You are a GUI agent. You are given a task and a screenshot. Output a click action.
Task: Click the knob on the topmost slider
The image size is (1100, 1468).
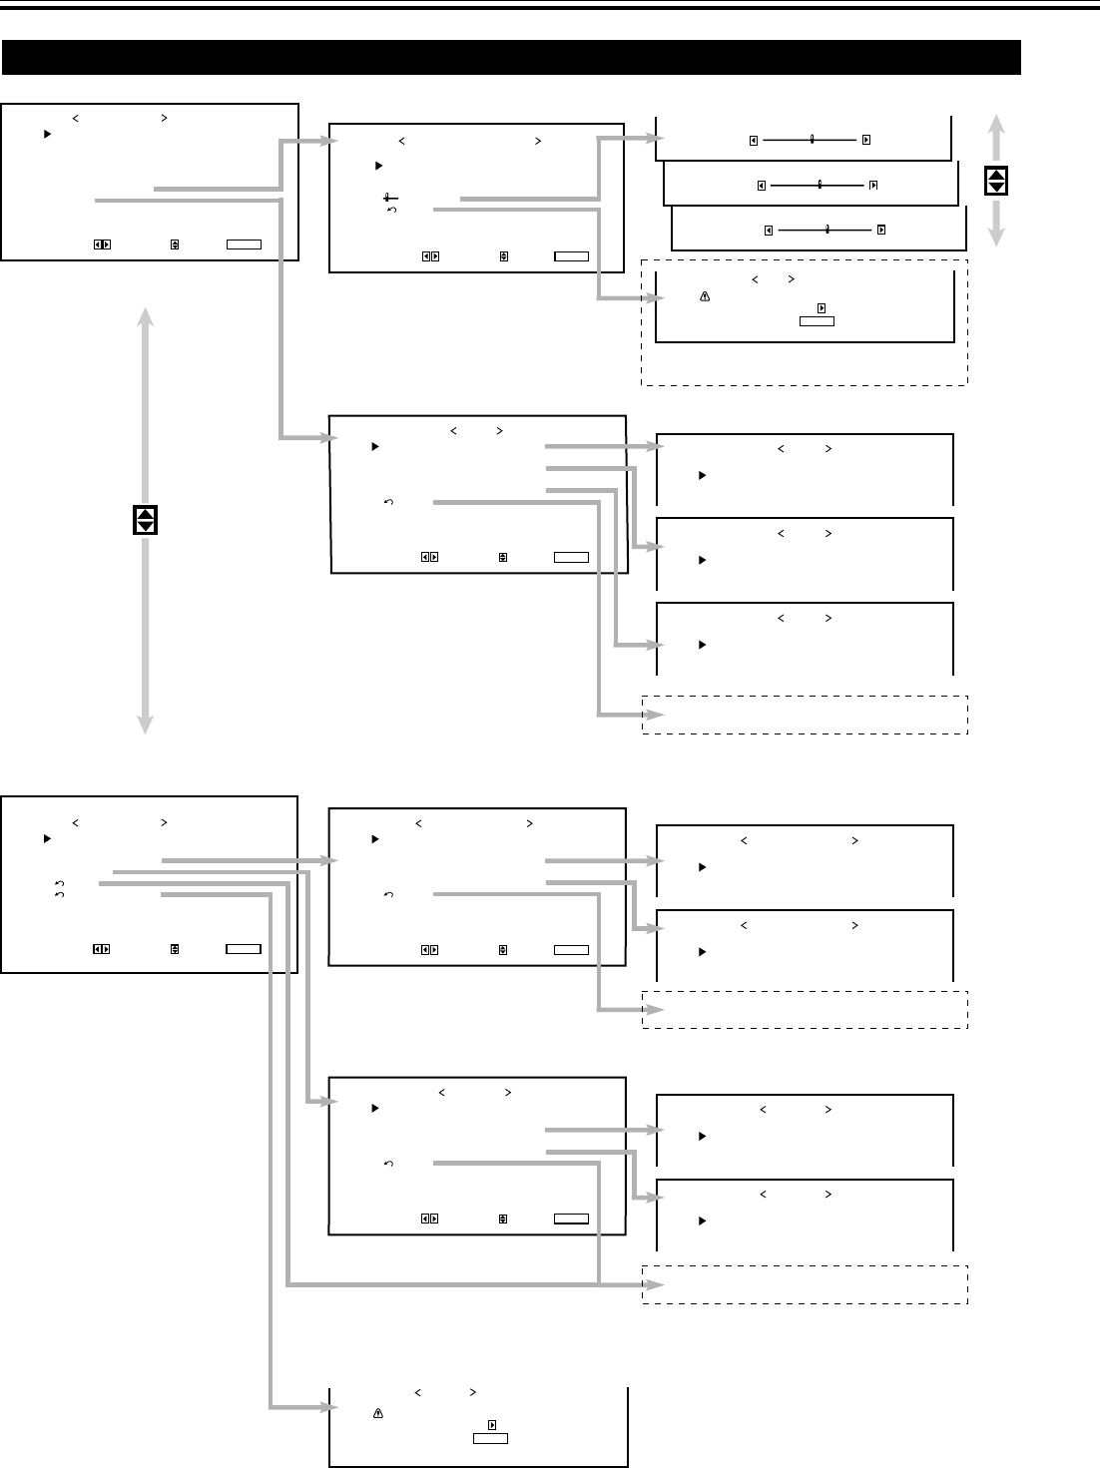click(813, 140)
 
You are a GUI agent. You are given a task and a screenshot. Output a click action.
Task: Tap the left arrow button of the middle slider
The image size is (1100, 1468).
click(761, 185)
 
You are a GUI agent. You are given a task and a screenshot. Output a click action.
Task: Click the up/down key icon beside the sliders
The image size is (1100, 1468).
click(996, 181)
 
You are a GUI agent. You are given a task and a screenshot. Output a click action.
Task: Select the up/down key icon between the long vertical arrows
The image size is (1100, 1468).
click(146, 519)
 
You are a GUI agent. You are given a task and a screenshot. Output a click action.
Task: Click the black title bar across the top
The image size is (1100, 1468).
click(511, 57)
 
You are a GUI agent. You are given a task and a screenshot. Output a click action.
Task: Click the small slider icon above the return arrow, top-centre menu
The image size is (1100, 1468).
click(385, 198)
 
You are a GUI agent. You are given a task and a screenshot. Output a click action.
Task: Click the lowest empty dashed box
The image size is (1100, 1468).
click(805, 1283)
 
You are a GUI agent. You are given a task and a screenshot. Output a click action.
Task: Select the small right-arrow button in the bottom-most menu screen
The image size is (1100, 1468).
click(492, 1424)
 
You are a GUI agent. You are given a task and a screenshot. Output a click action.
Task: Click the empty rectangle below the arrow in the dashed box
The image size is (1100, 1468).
click(816, 321)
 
